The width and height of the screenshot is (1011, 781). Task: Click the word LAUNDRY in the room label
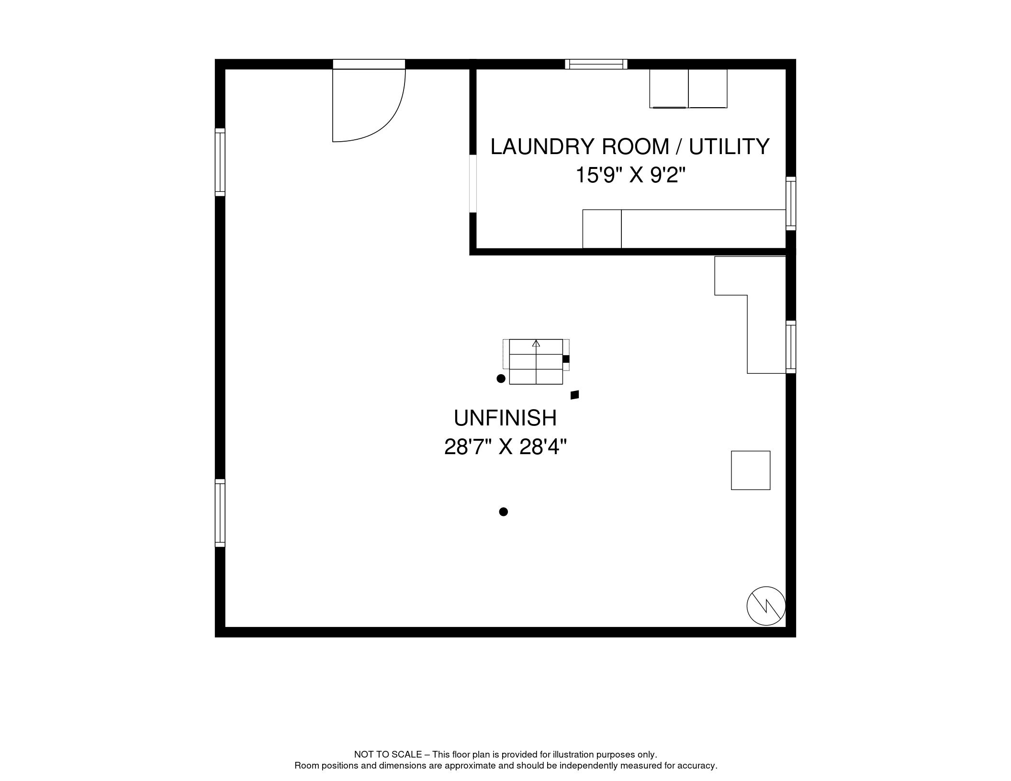(543, 146)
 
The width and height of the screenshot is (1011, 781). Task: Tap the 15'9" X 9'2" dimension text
(630, 175)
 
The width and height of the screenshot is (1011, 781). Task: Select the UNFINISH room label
(505, 418)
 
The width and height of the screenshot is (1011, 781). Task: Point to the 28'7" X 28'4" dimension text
(505, 447)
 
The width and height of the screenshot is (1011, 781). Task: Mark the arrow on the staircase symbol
(536, 343)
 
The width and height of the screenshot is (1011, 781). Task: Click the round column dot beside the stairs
(501, 379)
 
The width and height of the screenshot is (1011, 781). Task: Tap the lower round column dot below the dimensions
(503, 512)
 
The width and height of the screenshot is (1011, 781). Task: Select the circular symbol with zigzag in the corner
(766, 606)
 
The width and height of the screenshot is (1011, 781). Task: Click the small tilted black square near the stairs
(575, 395)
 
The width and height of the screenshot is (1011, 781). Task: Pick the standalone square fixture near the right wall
(751, 470)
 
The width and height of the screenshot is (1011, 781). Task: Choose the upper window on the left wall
(220, 162)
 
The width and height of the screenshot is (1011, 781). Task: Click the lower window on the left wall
(220, 513)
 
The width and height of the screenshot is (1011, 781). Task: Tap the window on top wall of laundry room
(596, 64)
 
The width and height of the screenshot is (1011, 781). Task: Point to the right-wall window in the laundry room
(791, 203)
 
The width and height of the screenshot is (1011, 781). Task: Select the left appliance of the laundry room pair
(669, 89)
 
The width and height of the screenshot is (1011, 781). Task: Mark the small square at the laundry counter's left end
(602, 229)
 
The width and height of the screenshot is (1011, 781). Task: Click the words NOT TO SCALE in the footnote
(388, 754)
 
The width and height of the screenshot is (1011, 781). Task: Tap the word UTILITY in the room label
(729, 146)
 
